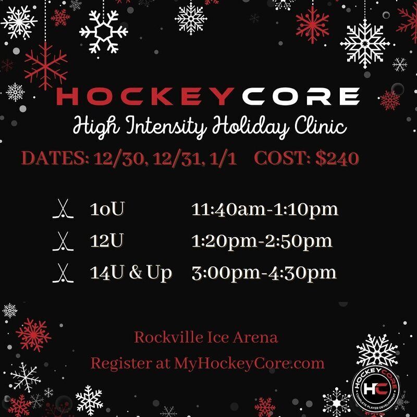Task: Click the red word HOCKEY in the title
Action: click(x=145, y=96)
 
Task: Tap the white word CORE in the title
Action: click(x=301, y=96)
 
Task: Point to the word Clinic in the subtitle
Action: click(x=321, y=125)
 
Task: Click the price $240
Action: click(x=337, y=158)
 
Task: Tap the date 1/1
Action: click(x=223, y=159)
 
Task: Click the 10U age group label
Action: click(x=107, y=209)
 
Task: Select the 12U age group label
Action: click(x=107, y=241)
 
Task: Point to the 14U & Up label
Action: click(x=131, y=273)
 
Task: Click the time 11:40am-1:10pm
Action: click(x=265, y=210)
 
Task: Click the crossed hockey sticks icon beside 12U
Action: click(x=63, y=241)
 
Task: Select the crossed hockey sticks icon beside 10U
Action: click(x=63, y=209)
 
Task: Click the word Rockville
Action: click(x=168, y=337)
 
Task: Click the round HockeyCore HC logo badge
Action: click(x=375, y=388)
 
